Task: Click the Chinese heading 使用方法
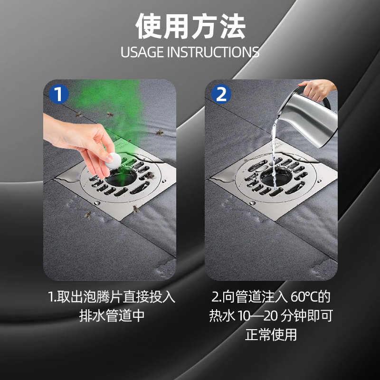coord(190,26)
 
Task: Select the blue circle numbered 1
coord(59,94)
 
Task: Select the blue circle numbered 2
coord(221,94)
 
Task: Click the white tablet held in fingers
coord(113,161)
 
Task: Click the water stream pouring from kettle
coord(274,155)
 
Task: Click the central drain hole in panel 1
coord(121,177)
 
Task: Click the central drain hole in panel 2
coord(276,177)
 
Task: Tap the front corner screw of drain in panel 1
coord(97,203)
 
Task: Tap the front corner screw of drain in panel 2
coord(252,203)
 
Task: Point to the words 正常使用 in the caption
coord(271,335)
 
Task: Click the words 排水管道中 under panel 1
coord(112,315)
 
